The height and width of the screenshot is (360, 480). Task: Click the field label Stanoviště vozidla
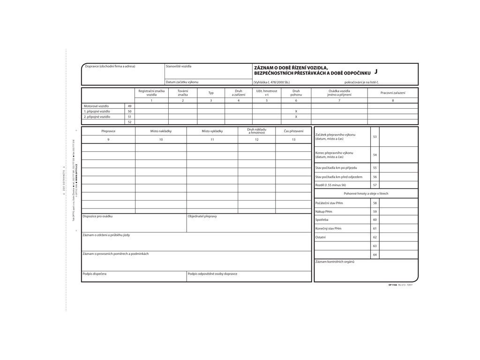(179, 66)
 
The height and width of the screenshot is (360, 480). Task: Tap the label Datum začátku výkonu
(182, 82)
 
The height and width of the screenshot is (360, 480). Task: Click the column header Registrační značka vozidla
(151, 93)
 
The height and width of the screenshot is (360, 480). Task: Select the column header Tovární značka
(183, 93)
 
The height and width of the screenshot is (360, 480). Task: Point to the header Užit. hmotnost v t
(267, 93)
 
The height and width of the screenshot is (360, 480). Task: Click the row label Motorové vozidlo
(96, 106)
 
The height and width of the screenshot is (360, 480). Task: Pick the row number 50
(129, 112)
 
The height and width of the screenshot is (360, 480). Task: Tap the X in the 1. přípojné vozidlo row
(296, 112)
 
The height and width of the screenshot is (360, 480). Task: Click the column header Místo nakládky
(161, 131)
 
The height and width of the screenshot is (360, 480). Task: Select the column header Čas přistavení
(293, 131)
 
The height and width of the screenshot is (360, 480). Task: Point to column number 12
(256, 140)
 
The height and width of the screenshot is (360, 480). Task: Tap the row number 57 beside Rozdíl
(375, 185)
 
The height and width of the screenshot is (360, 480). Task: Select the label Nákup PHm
(324, 211)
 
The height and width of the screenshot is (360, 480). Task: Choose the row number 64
(375, 255)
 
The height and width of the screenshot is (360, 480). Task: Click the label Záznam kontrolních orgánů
(335, 262)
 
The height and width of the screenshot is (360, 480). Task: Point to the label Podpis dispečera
(94, 274)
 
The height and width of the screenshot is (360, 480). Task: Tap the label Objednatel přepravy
(202, 216)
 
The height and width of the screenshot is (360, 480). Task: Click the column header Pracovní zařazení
(393, 93)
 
